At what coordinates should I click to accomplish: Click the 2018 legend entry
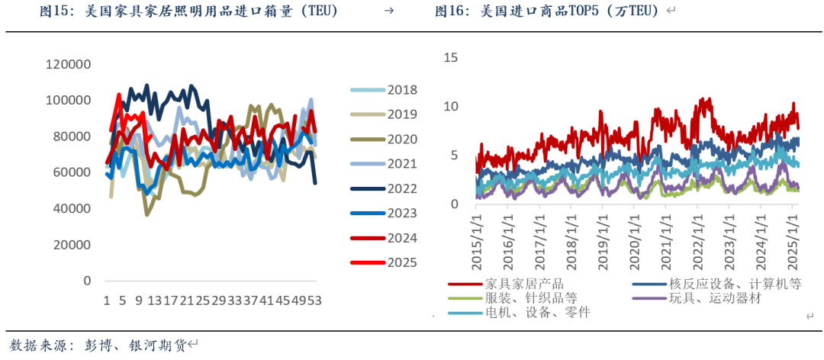pos(401,90)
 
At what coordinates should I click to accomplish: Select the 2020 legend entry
pos(401,140)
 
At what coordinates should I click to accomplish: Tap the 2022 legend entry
pos(401,189)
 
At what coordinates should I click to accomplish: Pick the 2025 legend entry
pos(401,262)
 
